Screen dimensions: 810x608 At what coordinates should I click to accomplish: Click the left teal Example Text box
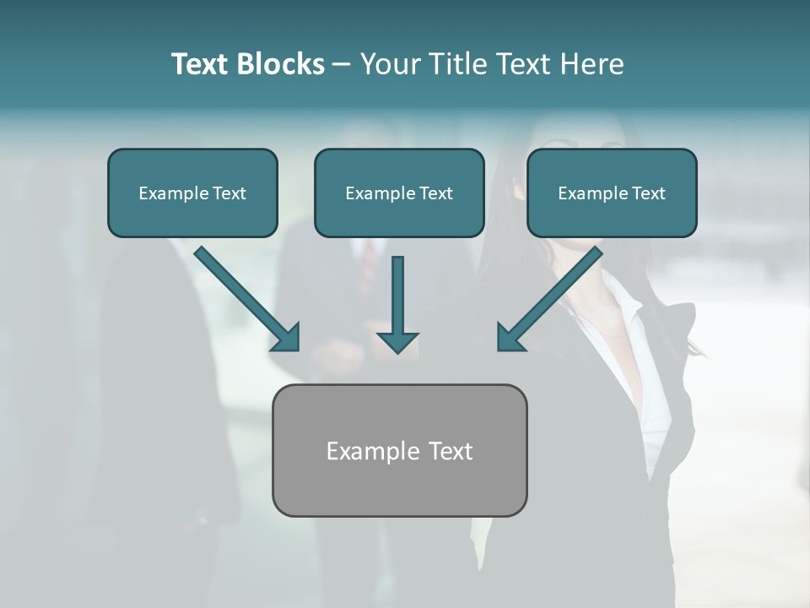pos(192,193)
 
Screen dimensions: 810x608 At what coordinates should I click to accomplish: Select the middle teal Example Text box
pos(399,193)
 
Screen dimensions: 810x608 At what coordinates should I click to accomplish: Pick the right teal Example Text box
pos(612,193)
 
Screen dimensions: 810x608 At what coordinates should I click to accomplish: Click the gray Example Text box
pos(399,450)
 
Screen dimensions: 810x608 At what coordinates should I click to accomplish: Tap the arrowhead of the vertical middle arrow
pos(397,341)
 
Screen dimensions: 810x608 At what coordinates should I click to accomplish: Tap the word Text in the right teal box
pos(648,193)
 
